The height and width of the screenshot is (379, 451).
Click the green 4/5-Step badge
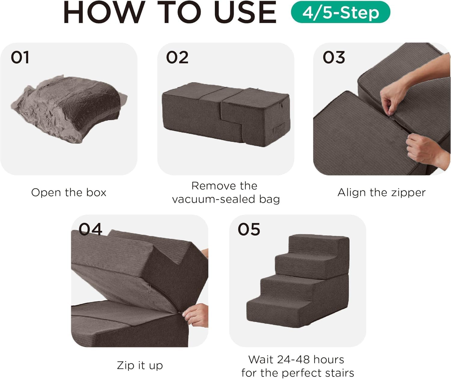340,12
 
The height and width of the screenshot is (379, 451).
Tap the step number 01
20,57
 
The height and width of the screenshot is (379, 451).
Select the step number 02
177,57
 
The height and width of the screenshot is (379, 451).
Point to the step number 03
333,57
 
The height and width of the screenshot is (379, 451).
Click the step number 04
90,229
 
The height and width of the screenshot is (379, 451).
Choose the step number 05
249,229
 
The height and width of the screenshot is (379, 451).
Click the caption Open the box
69,193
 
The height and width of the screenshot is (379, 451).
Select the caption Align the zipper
382,193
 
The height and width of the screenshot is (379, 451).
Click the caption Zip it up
140,365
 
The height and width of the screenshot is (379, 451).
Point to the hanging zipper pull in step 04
149,289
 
